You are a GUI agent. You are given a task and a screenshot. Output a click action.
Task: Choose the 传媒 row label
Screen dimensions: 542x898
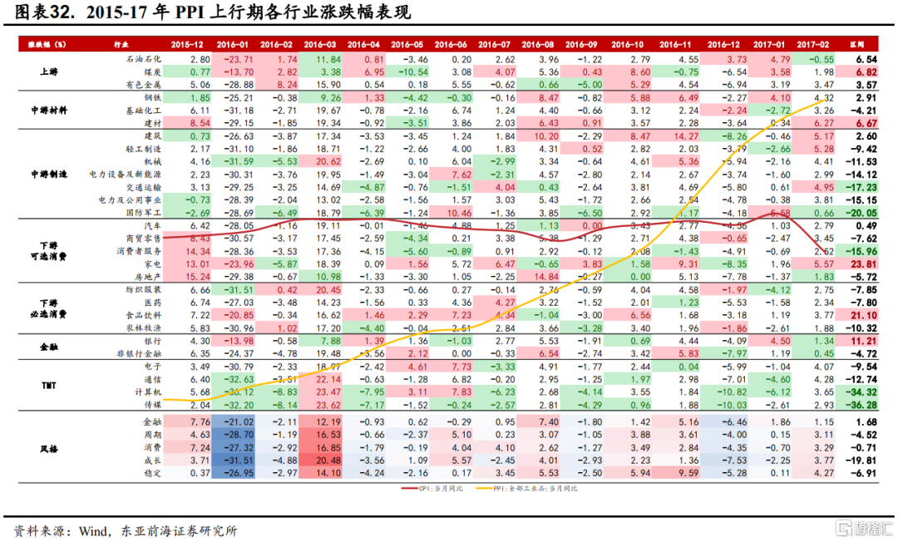tap(153, 405)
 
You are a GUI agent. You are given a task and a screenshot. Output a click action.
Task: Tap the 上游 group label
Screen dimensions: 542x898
tap(48, 72)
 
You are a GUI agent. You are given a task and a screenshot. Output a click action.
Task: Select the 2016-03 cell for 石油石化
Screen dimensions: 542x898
tap(320, 60)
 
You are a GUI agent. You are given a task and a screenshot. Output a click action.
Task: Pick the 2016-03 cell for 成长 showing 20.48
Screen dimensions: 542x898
tap(320, 461)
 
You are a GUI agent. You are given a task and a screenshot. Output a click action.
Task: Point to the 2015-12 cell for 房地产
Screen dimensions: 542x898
tap(188, 277)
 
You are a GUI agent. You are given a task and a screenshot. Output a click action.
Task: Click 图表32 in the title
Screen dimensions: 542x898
tap(42, 13)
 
